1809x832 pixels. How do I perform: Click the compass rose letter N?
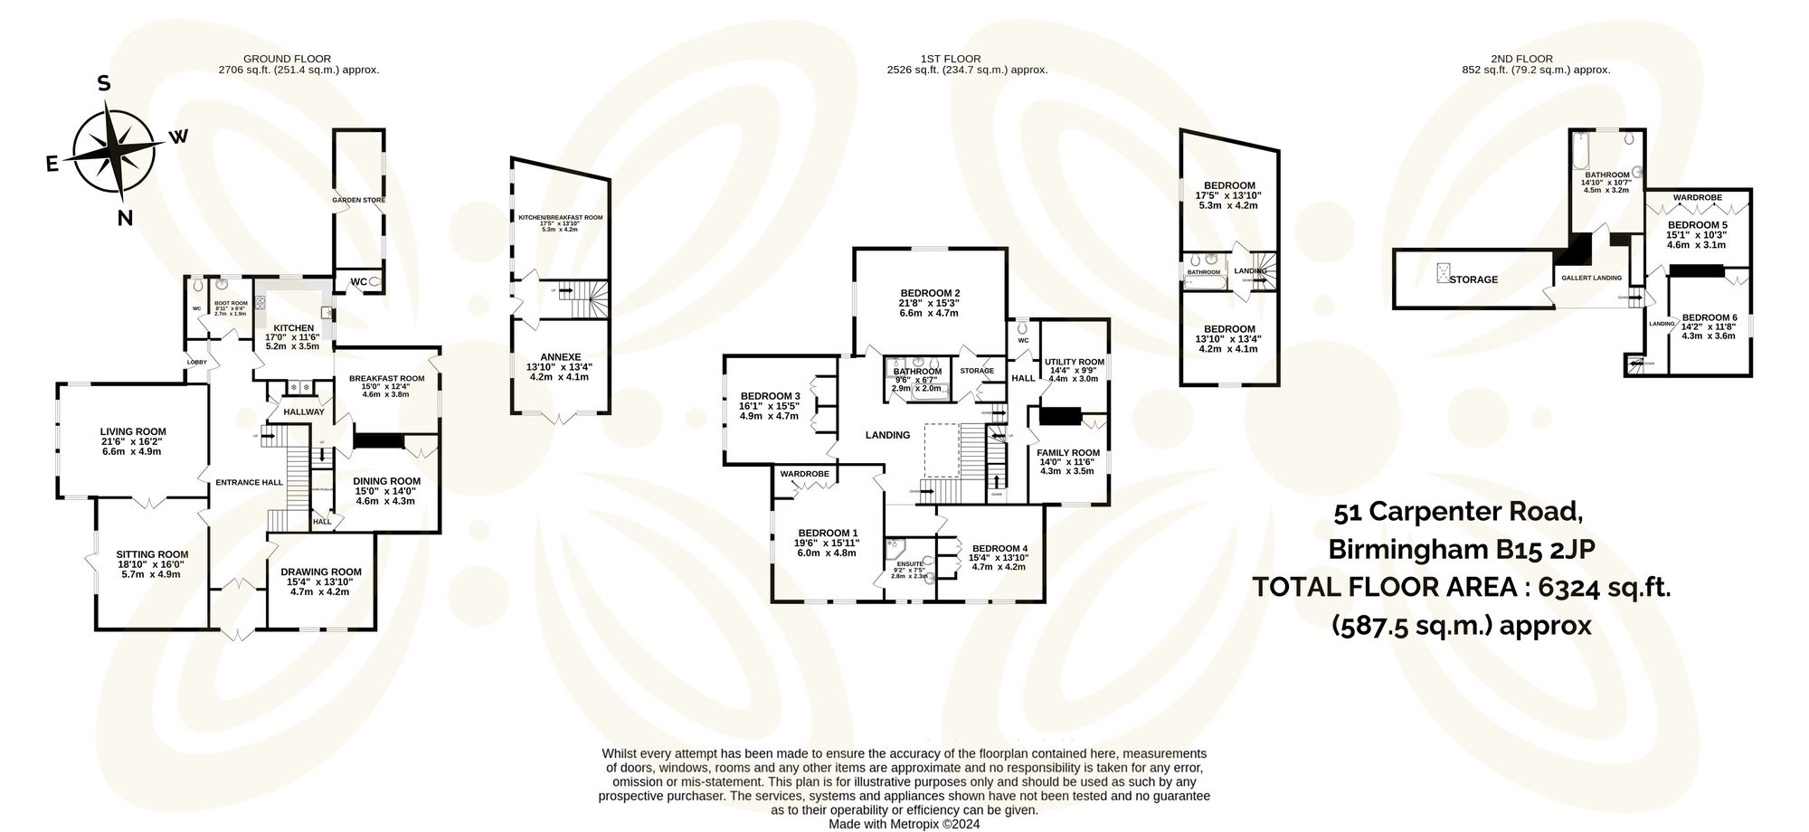click(x=126, y=217)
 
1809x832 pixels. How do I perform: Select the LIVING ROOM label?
click(x=133, y=431)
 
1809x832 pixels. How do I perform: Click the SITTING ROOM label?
click(x=152, y=554)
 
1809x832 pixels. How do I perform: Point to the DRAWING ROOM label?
click(x=320, y=572)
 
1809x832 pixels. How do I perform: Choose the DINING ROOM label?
click(x=386, y=481)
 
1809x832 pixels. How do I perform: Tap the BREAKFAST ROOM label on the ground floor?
click(x=386, y=378)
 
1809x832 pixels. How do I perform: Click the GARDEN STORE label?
click(x=359, y=200)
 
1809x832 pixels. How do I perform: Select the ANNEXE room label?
click(x=560, y=356)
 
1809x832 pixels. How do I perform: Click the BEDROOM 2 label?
click(x=929, y=293)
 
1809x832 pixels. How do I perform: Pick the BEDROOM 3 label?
click(x=770, y=396)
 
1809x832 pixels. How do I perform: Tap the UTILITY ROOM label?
click(x=1075, y=362)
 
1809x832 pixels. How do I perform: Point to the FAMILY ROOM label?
click(x=1068, y=452)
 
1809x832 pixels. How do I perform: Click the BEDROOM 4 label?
click(x=999, y=548)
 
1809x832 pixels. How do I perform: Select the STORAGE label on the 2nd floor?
click(x=1473, y=279)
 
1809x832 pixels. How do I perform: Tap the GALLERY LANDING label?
click(x=1592, y=278)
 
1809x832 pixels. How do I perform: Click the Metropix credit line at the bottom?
click(x=904, y=824)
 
